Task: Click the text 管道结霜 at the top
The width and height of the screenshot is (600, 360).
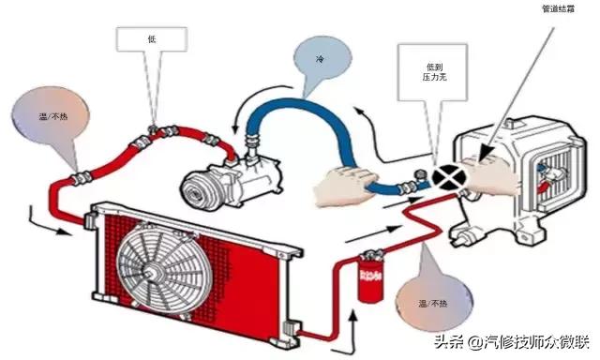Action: click(560, 10)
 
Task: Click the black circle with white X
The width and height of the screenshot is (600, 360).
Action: click(447, 175)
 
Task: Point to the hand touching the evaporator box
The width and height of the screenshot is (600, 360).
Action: click(491, 176)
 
